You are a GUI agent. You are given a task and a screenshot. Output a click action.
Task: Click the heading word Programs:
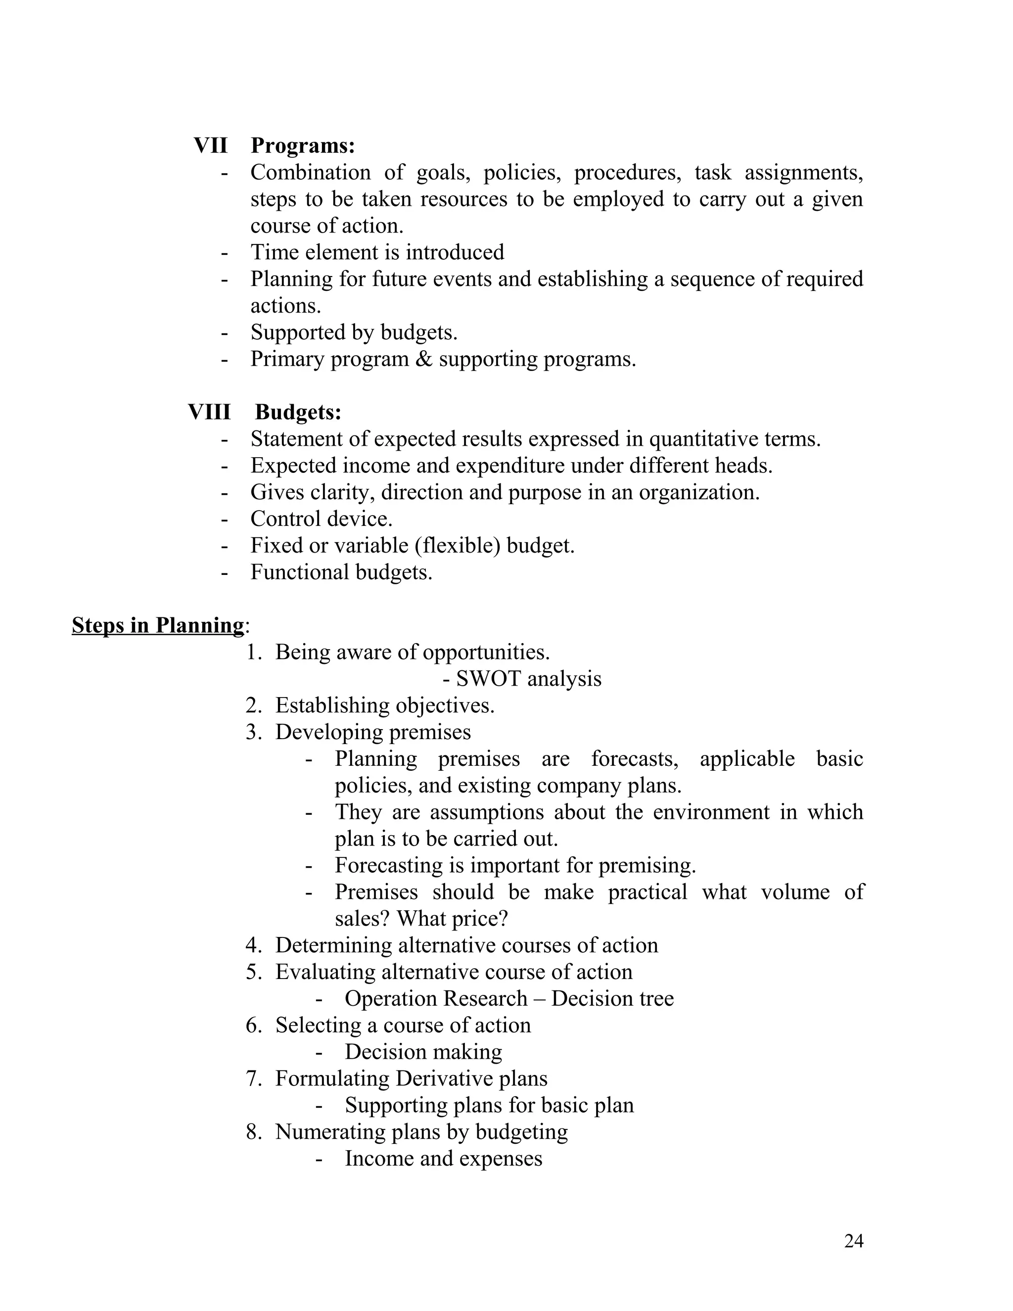point(302,146)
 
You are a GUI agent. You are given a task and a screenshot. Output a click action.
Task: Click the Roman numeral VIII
point(209,413)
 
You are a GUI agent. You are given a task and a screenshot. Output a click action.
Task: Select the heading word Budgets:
point(298,413)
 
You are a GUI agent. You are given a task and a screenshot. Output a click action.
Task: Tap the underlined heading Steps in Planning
point(158,625)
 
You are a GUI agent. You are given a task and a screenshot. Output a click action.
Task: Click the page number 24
point(853,1241)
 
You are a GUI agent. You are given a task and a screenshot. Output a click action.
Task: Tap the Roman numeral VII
point(211,146)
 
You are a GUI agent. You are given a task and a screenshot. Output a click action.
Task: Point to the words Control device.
point(321,519)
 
